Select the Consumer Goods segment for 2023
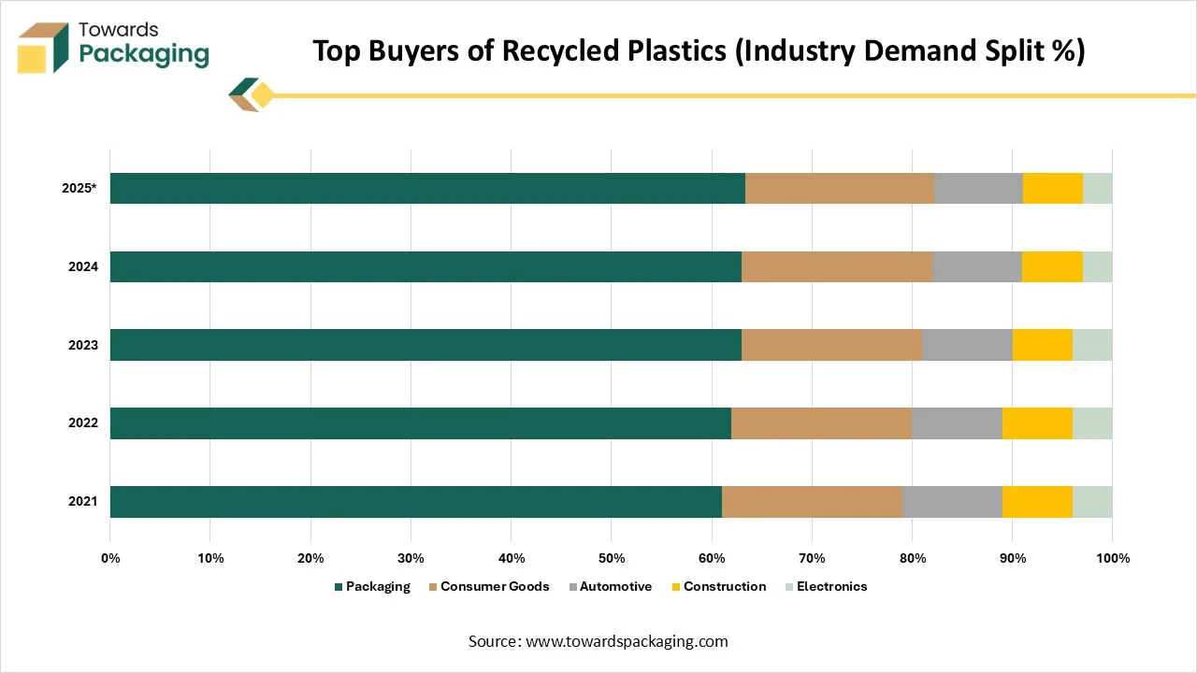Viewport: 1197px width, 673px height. (831, 345)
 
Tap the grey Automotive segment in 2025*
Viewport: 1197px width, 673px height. (978, 189)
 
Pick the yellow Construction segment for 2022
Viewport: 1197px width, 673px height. (1037, 423)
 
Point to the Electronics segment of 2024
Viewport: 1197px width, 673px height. (1097, 266)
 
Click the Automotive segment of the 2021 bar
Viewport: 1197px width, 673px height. (952, 502)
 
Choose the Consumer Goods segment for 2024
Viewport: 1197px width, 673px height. (836, 266)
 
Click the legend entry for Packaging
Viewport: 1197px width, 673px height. (372, 587)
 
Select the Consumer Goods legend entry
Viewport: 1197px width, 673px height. (488, 587)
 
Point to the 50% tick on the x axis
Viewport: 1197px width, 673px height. (611, 558)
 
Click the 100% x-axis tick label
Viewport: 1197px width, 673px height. (1112, 558)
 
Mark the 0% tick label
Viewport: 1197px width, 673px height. (110, 558)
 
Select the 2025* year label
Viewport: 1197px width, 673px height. (79, 188)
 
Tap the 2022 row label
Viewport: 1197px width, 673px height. (83, 423)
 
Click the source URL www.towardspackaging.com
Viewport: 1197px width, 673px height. (627, 641)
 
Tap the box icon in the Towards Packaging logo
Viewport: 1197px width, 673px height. (43, 47)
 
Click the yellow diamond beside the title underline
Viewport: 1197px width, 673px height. (263, 94)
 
